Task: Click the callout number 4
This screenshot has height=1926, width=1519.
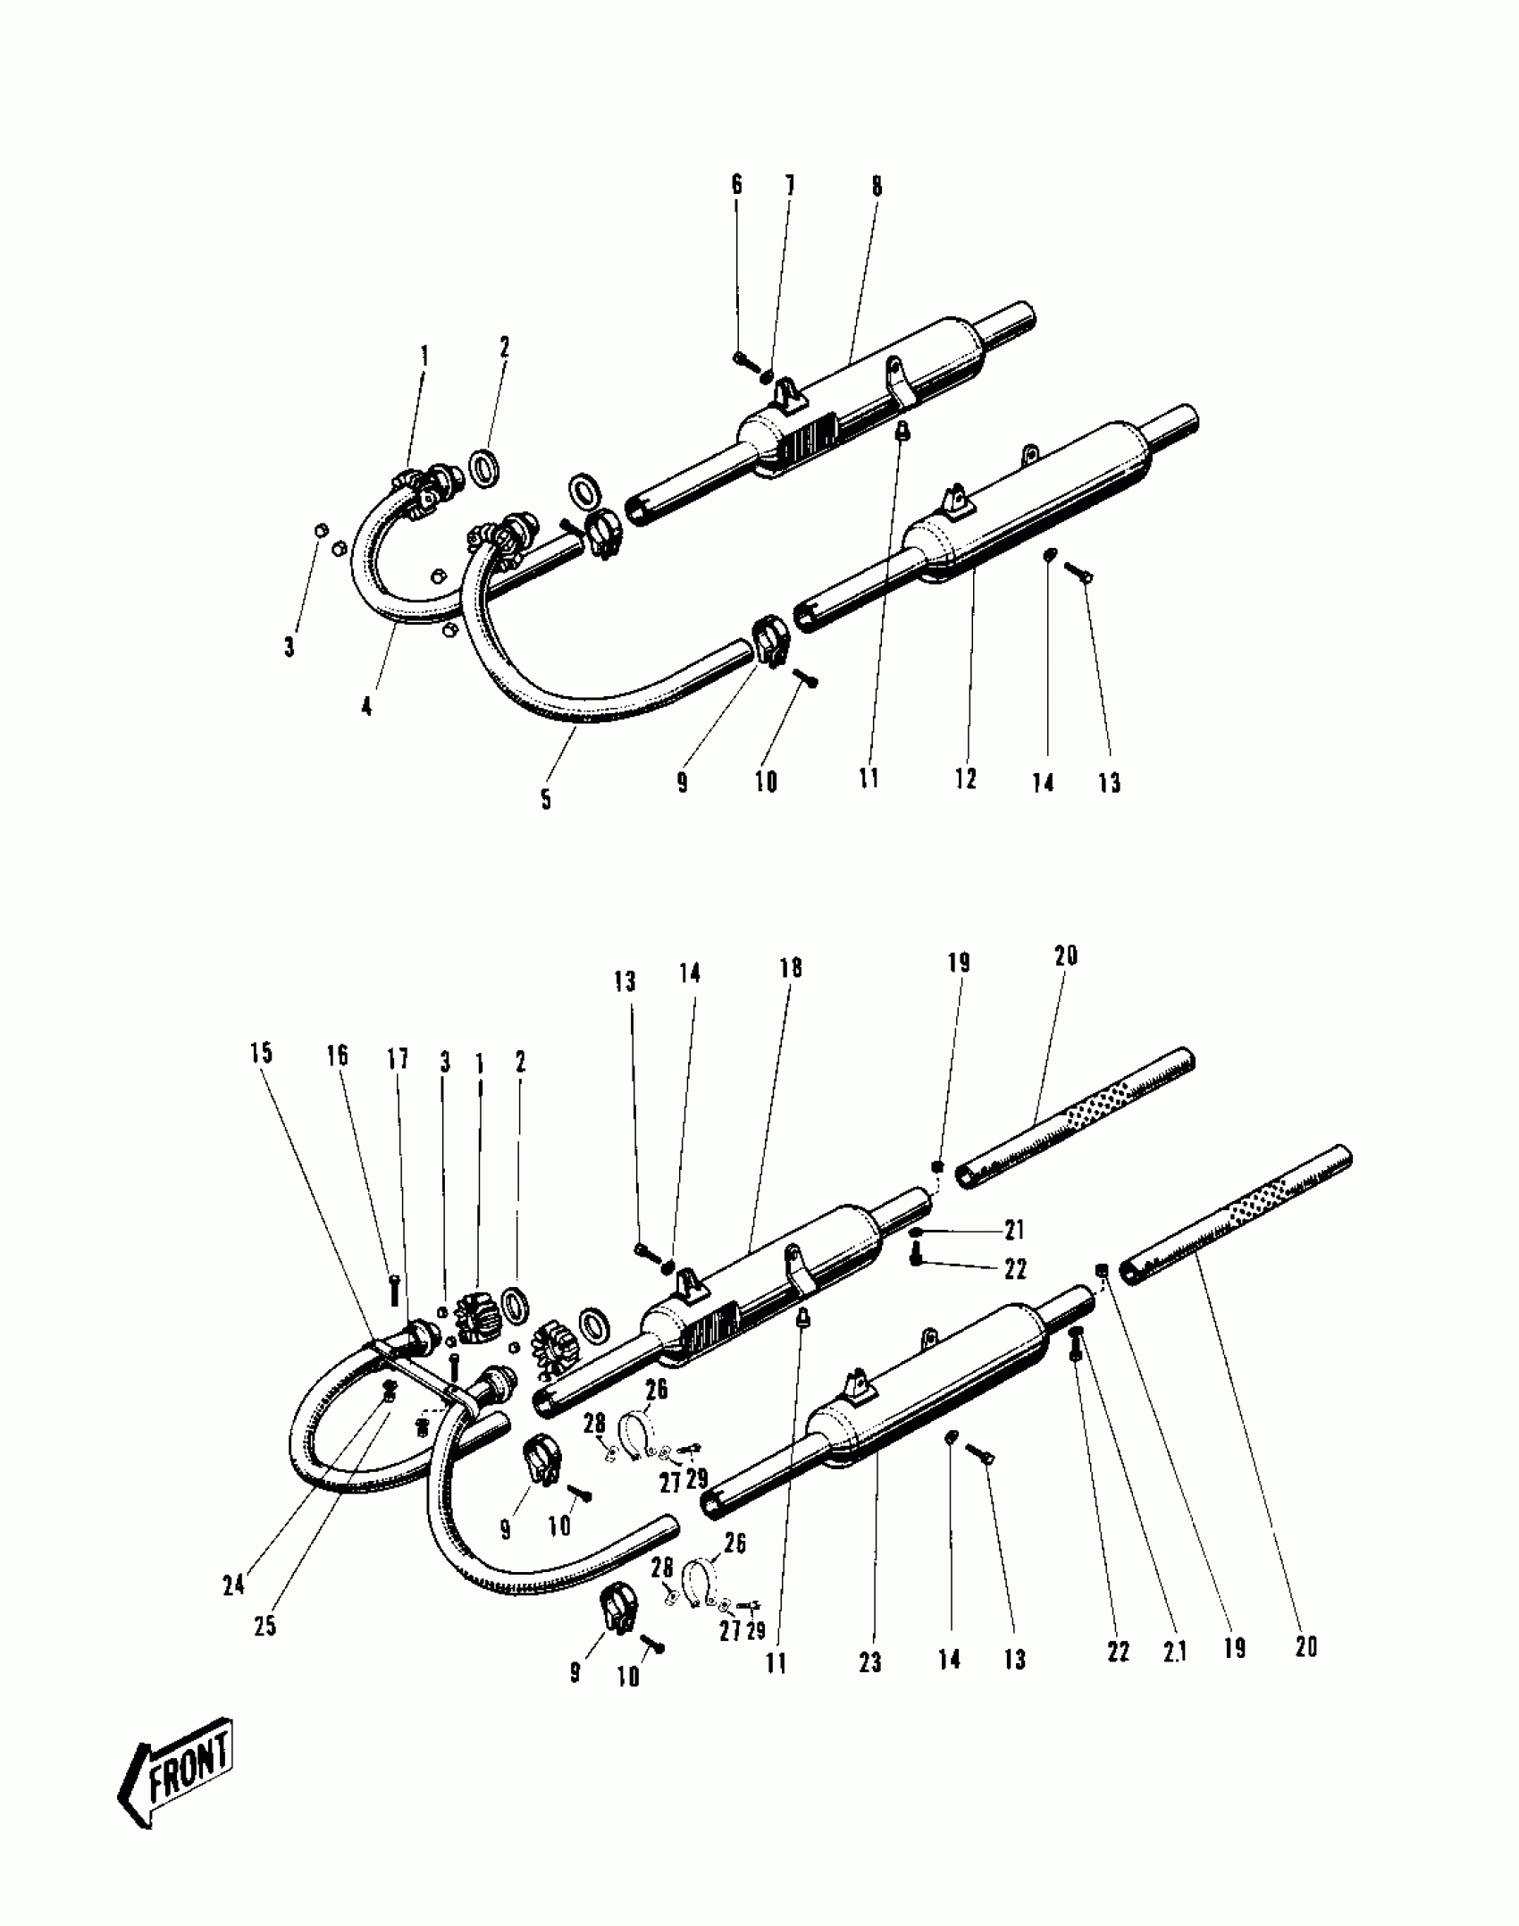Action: click(367, 707)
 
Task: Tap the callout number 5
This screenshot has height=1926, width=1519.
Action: click(546, 798)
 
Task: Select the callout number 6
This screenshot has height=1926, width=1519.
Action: click(737, 185)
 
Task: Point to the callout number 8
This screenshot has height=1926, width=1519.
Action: click(877, 186)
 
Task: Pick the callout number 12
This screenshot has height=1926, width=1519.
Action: click(966, 778)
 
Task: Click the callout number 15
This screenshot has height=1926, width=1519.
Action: click(261, 1053)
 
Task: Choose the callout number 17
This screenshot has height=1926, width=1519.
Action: click(398, 1059)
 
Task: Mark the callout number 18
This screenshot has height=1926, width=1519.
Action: click(791, 968)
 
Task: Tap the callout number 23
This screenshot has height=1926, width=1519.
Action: click(870, 1661)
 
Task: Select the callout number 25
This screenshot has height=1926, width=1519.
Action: click(265, 1626)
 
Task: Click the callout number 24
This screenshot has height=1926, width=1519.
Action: click(233, 1585)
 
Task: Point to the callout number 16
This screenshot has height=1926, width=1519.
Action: click(337, 1055)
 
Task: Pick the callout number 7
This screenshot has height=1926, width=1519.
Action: click(790, 186)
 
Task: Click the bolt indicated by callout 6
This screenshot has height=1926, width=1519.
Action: click(743, 360)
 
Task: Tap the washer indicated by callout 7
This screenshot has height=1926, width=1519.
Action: click(766, 375)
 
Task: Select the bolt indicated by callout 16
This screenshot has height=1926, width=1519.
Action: click(394, 1290)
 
